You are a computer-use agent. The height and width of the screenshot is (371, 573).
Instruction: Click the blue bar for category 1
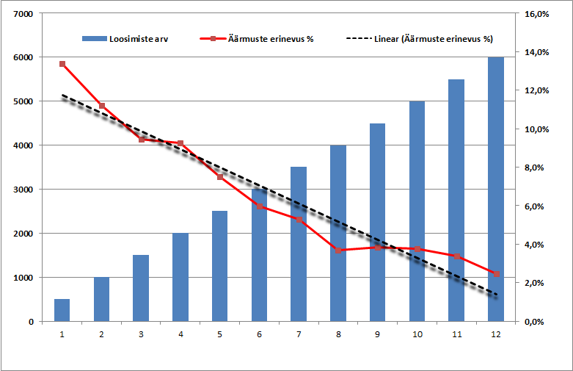pyautogui.click(x=62, y=310)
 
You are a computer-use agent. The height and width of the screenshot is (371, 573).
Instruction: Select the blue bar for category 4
pyautogui.click(x=180, y=277)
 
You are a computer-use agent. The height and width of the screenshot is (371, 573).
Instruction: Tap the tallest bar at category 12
pyautogui.click(x=496, y=189)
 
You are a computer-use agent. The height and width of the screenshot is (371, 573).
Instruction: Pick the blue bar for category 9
pyautogui.click(x=378, y=222)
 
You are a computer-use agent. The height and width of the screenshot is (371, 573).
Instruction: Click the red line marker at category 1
pyautogui.click(x=62, y=64)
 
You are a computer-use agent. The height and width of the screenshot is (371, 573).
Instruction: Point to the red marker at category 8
pyautogui.click(x=338, y=251)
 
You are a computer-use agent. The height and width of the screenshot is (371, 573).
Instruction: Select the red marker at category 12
pyautogui.click(x=496, y=274)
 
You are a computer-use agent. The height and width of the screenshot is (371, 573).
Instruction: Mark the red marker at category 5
pyautogui.click(x=220, y=176)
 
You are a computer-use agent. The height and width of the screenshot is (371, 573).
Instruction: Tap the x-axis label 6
pyautogui.click(x=259, y=334)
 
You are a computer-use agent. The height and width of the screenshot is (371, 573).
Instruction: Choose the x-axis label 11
pyautogui.click(x=456, y=334)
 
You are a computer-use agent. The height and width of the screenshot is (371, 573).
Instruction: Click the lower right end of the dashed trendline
pyautogui.click(x=496, y=295)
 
